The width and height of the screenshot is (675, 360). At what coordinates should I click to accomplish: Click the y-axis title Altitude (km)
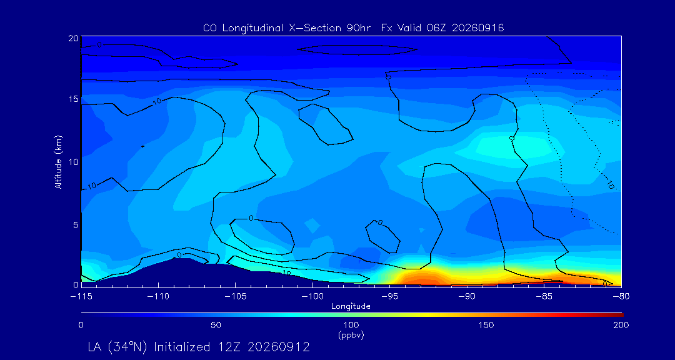pyautogui.click(x=58, y=161)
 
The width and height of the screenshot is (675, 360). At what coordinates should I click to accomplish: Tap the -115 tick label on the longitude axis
pyautogui.click(x=81, y=297)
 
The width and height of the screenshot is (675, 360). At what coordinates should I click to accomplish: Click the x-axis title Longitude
pyautogui.click(x=351, y=307)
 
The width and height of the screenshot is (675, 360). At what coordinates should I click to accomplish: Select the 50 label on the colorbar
pyautogui.click(x=216, y=325)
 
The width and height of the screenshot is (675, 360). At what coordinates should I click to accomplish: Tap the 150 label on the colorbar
pyautogui.click(x=486, y=325)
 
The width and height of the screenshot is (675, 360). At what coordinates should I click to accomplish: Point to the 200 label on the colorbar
pyautogui.click(x=621, y=325)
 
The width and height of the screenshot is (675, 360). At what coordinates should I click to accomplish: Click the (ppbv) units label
pyautogui.click(x=351, y=336)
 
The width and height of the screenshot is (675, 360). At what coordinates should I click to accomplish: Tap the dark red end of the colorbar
pyautogui.click(x=617, y=315)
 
